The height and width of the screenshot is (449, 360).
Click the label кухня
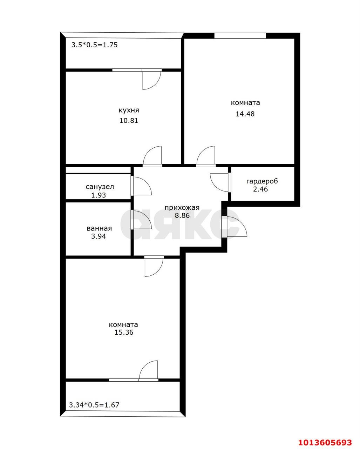tap(129, 110)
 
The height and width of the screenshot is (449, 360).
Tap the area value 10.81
tap(129, 121)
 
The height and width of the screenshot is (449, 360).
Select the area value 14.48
tap(245, 114)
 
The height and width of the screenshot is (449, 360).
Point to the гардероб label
tap(262, 181)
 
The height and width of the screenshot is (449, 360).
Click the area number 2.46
tap(260, 189)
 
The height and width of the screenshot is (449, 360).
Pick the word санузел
tap(100, 187)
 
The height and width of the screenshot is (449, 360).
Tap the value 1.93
tap(99, 195)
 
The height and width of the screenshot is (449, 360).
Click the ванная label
tap(99, 228)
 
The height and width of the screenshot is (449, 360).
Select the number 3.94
tap(99, 236)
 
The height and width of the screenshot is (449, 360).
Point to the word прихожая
tap(182, 208)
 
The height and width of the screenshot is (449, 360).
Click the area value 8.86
tap(182, 215)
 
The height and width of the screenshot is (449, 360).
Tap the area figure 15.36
tap(124, 332)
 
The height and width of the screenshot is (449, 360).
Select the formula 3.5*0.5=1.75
tap(95, 45)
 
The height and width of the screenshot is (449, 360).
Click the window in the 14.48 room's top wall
tap(240, 36)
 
